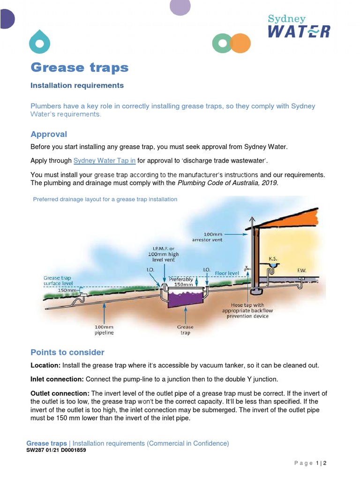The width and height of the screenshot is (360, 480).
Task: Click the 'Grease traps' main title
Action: click(79, 67)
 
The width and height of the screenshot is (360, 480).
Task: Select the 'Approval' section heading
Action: click(49, 134)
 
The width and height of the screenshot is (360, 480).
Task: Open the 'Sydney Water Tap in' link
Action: click(105, 160)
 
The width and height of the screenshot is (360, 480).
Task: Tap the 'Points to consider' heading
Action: click(67, 352)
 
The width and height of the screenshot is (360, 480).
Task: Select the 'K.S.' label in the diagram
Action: click(272, 259)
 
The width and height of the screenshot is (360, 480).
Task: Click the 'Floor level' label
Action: click(227, 272)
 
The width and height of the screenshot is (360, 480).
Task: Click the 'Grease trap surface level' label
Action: click(58, 281)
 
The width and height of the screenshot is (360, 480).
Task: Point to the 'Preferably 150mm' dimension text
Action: click(181, 281)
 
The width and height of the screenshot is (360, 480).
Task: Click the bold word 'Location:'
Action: click(45, 365)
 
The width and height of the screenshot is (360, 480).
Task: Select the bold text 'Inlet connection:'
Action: click(57, 379)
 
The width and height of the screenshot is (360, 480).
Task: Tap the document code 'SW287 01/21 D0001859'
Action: click(56, 450)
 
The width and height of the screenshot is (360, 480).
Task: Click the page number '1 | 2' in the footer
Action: click(321, 464)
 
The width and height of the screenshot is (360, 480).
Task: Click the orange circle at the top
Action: click(241, 43)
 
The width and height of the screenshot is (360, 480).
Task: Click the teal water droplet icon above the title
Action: click(39, 42)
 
